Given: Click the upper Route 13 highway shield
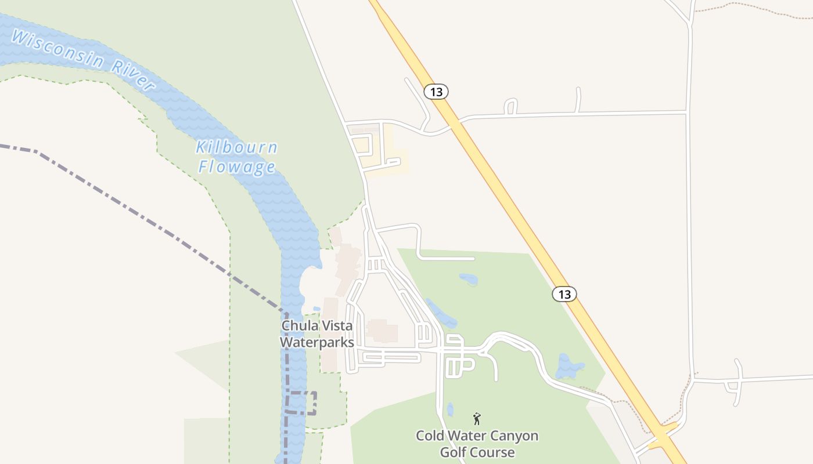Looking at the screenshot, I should click(436, 92).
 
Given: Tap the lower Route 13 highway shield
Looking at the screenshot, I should click(564, 294).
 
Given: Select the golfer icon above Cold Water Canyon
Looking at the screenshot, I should click(477, 418).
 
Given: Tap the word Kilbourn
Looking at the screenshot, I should click(236, 147).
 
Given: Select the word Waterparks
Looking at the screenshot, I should click(316, 342).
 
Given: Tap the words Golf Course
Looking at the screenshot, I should click(477, 452).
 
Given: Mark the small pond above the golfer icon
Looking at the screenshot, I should click(450, 409).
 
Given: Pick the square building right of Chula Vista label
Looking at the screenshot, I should click(382, 331).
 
